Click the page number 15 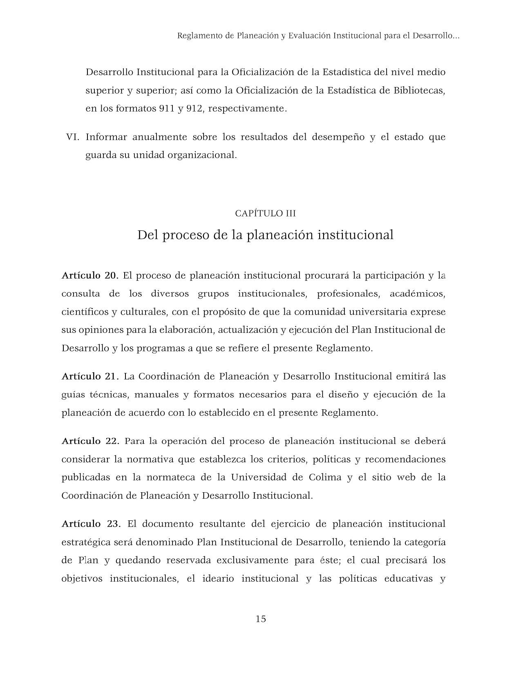click(261, 619)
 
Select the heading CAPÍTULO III click(266, 213)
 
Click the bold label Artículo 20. click(90, 276)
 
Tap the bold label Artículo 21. click(90, 376)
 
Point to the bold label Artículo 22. click(90, 441)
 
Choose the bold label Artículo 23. click(91, 524)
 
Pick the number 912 click(195, 109)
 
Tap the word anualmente click(159, 137)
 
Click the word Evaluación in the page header click(309, 36)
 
